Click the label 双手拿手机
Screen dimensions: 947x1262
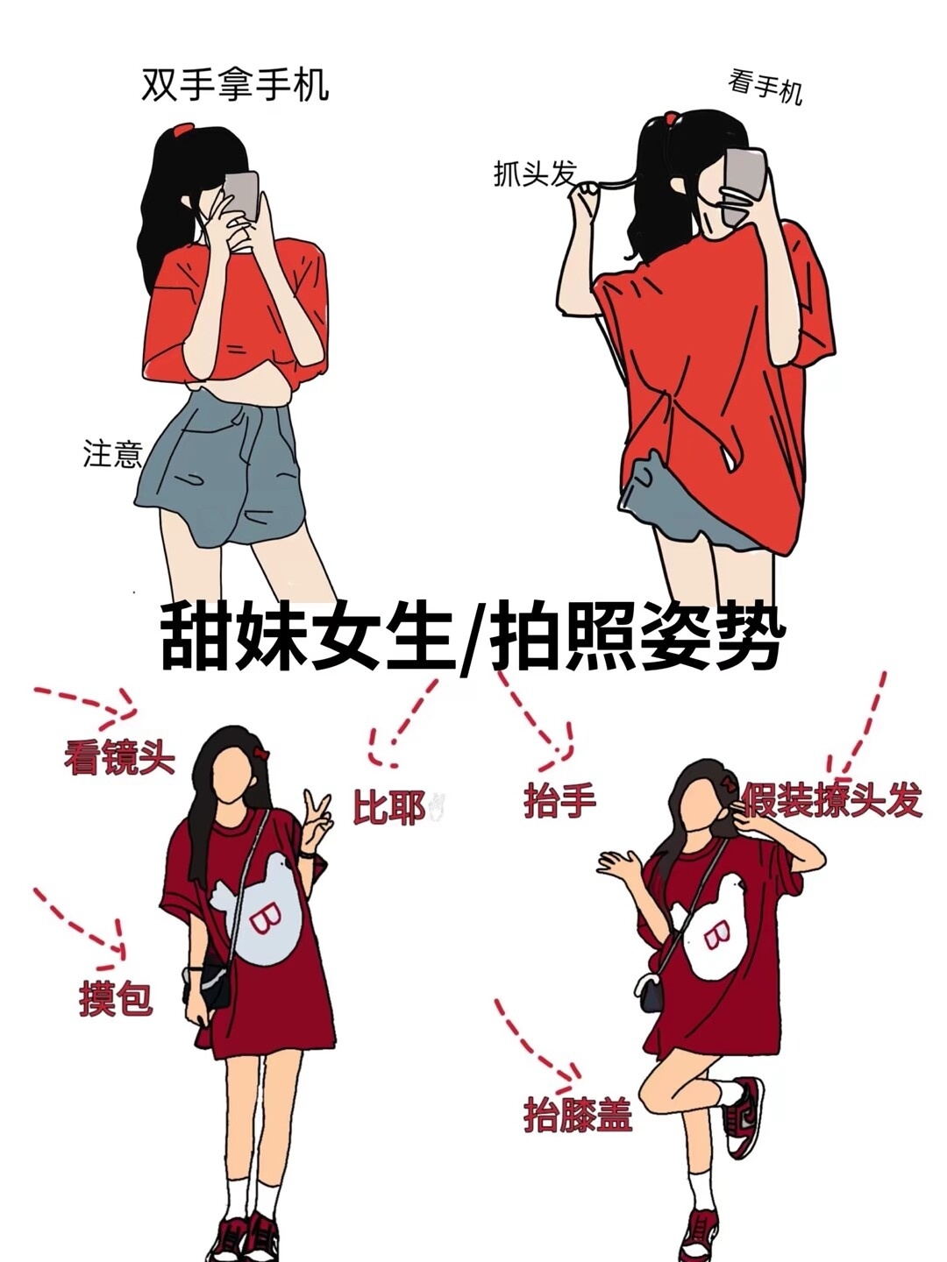point(235,85)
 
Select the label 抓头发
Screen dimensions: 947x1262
point(535,173)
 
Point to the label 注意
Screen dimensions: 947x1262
point(112,454)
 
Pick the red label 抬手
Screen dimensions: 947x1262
point(559,801)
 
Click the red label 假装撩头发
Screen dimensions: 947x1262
point(832,800)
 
